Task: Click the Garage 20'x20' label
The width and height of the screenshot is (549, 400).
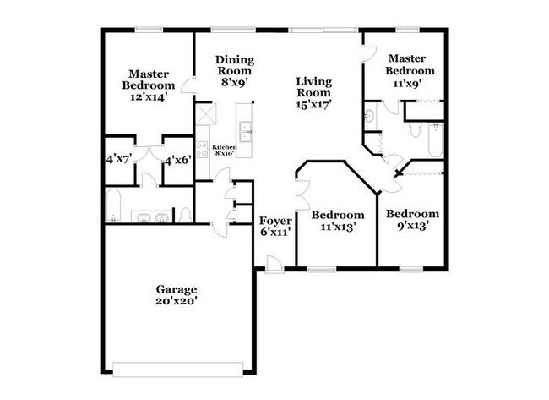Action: coord(176,294)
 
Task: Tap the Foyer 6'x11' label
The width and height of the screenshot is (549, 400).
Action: coord(275,226)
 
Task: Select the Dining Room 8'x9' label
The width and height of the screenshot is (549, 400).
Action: coord(234,71)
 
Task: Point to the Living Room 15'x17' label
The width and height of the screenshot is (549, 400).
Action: coord(313,93)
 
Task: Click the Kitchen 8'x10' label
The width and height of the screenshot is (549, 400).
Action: coord(224,150)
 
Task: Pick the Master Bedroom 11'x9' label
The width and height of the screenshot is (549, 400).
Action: coord(411,71)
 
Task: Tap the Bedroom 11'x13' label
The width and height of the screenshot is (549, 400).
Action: coord(342,221)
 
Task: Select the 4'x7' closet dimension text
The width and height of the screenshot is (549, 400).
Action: coord(117,159)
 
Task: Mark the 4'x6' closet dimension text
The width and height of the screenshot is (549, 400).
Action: coord(177,159)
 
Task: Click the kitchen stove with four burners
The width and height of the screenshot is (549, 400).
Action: coord(203,150)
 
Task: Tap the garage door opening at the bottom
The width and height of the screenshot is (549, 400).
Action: coord(177,369)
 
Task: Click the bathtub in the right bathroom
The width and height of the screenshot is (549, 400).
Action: coord(435,141)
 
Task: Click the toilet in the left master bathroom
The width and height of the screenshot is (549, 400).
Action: coord(185,214)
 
